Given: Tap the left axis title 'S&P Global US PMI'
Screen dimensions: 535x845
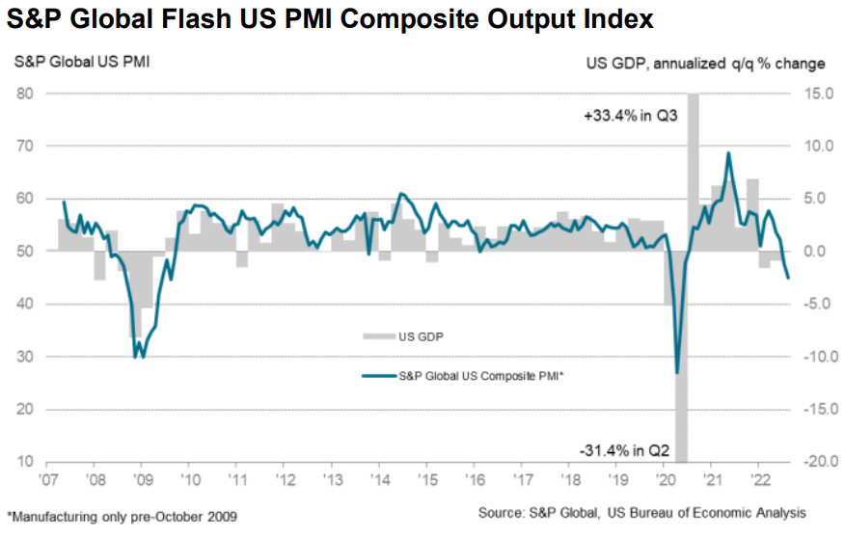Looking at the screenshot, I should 81,64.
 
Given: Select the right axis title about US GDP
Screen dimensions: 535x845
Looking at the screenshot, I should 706,64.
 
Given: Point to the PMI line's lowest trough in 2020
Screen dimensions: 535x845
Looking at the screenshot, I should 677,372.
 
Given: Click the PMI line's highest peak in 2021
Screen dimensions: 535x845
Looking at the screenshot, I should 728,152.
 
